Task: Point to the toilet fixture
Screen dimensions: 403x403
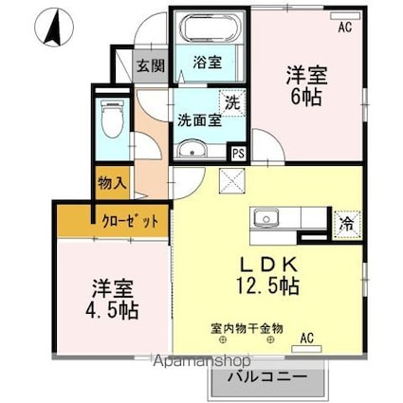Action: (110, 120)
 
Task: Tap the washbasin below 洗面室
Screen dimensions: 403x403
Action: (195, 150)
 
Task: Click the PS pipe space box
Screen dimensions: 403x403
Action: (239, 151)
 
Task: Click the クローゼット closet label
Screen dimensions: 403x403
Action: (129, 221)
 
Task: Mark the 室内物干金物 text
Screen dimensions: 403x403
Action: (247, 329)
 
